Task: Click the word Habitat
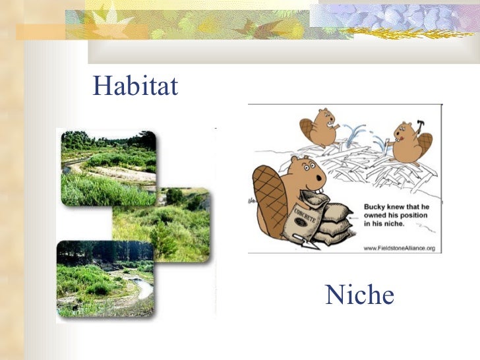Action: click(136, 86)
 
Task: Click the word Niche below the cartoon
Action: click(359, 295)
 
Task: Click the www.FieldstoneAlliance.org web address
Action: click(399, 248)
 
